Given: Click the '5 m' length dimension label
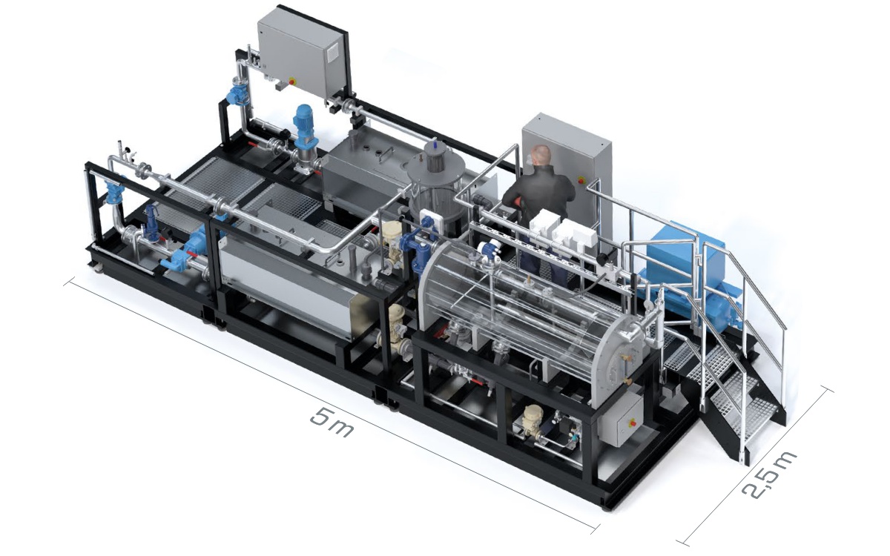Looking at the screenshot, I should pos(331,423).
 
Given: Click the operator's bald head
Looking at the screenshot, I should pos(541,156).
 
